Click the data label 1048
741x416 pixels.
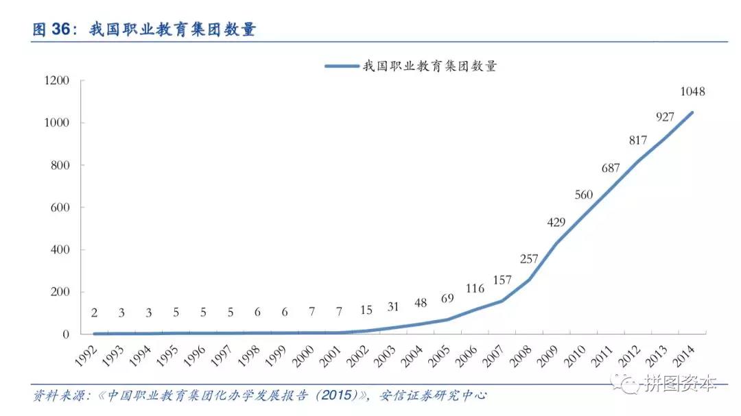[x=692, y=91]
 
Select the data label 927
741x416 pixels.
[x=665, y=117]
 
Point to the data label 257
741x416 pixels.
[x=529, y=258]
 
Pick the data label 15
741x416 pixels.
[x=366, y=310]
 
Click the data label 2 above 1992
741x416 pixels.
[x=94, y=313]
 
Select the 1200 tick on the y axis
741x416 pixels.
[x=57, y=81]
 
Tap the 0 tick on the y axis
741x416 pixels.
[x=67, y=334]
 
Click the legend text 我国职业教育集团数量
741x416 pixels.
[x=430, y=66]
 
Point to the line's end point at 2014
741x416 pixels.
[x=692, y=112]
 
